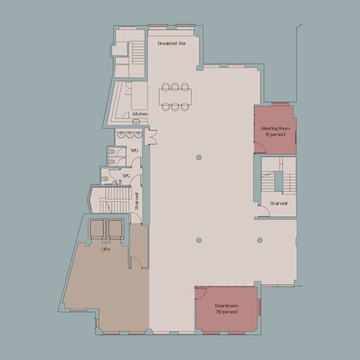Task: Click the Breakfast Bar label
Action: [172, 44]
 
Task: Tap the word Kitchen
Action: [140, 114]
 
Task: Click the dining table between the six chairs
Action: [175, 96]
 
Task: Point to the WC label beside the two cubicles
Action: [134, 150]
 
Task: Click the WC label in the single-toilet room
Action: [126, 175]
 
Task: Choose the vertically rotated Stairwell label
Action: [137, 202]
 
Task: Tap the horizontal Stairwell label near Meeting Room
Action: [279, 203]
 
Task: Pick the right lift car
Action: [115, 229]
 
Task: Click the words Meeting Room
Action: [276, 129]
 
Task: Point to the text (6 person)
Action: [276, 135]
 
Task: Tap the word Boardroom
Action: [226, 306]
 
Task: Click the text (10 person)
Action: [226, 312]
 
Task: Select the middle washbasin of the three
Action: [128, 135]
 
